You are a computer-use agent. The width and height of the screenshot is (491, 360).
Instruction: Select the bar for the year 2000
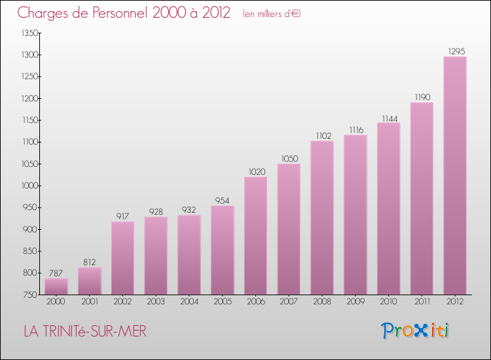tap(56, 287)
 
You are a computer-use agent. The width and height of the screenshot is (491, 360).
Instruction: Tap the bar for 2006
tap(255, 236)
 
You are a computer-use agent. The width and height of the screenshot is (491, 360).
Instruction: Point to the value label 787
tap(56, 273)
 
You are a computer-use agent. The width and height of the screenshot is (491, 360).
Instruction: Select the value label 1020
tap(255, 171)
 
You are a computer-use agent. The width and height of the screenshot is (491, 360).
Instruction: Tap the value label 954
tap(223, 200)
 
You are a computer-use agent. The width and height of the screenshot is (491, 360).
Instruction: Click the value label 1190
tap(422, 97)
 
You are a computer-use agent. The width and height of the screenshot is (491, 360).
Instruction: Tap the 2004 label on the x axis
tap(189, 302)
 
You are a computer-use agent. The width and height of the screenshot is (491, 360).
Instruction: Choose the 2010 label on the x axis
tap(388, 302)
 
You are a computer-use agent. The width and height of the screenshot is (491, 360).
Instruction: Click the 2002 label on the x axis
tap(122, 302)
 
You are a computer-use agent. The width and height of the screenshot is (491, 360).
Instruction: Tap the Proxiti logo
tap(415, 331)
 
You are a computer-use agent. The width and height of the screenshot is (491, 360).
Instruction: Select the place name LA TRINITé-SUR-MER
tap(85, 332)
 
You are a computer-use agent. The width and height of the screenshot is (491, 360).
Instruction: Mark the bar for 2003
tap(156, 255)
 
